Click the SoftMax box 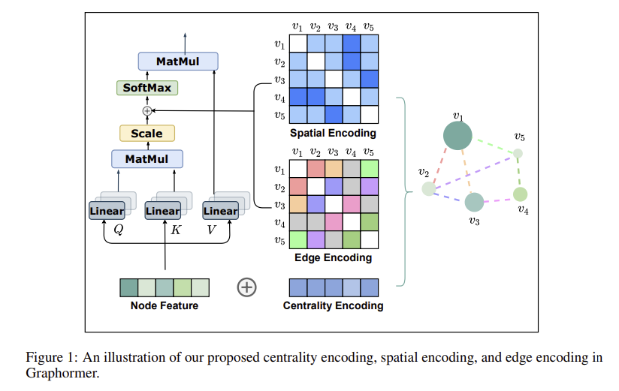pyautogui.click(x=147, y=88)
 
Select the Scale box pyautogui.click(x=147, y=134)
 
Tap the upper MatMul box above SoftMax pyautogui.click(x=178, y=61)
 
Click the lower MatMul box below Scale pyautogui.click(x=147, y=158)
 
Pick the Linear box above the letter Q pyautogui.click(x=107, y=211)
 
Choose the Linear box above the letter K pyautogui.click(x=163, y=211)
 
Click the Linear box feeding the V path pyautogui.click(x=220, y=211)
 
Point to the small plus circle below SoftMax pyautogui.click(x=147, y=111)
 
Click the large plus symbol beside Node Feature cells pyautogui.click(x=246, y=287)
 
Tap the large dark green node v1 pyautogui.click(x=457, y=136)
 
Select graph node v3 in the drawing pyautogui.click(x=474, y=203)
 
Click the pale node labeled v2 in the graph pyautogui.click(x=429, y=188)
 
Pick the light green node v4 pyautogui.click(x=521, y=194)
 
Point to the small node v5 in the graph pyautogui.click(x=518, y=153)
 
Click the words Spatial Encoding pyautogui.click(x=333, y=133)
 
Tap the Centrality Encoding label pyautogui.click(x=334, y=305)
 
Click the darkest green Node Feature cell pyautogui.click(x=129, y=287)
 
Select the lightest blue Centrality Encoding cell pyautogui.click(x=352, y=287)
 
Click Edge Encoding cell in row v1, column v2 pyautogui.click(x=316, y=168)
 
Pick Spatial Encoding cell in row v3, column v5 pyautogui.click(x=370, y=79)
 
